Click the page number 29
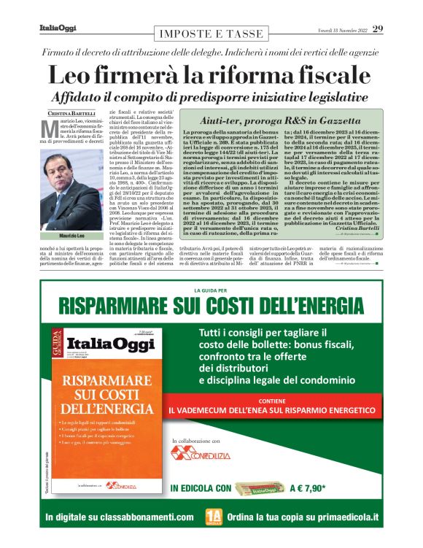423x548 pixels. click(x=378, y=29)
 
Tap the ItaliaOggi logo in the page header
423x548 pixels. click(x=58, y=28)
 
